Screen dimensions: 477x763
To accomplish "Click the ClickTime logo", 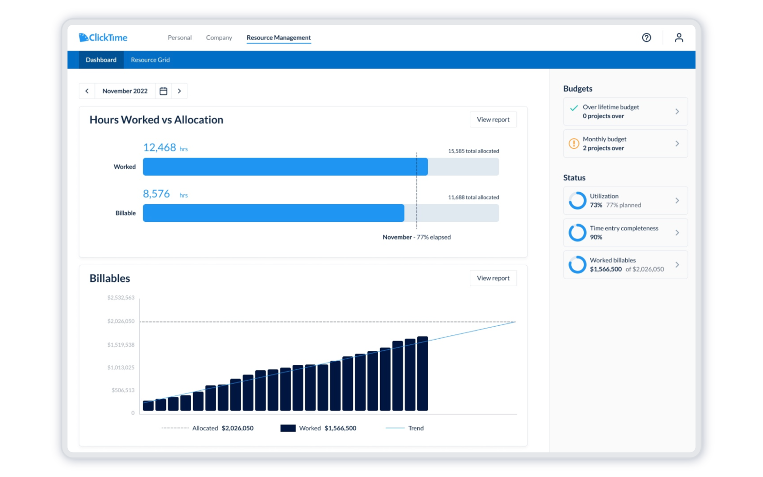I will pos(103,37).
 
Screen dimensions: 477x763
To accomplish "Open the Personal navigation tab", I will pos(179,38).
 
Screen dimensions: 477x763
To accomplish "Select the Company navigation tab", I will pos(219,38).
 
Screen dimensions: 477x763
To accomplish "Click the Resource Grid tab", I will pos(150,60).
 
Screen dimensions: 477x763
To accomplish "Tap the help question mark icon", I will pos(646,38).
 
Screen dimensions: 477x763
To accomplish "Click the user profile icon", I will pos(679,38).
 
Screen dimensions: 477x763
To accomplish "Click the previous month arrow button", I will pos(87,91).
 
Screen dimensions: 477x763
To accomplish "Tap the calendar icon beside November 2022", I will pos(163,91).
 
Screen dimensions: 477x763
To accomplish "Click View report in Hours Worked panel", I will pos(493,120).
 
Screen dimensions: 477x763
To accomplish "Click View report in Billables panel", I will pos(493,278).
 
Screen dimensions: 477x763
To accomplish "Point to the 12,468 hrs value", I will pos(165,148).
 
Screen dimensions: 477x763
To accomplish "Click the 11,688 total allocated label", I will pos(473,197).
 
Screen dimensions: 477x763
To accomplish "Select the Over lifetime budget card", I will pos(625,112).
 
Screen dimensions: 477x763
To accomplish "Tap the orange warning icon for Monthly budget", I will pos(574,144).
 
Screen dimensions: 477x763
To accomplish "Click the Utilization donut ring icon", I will pos(577,201).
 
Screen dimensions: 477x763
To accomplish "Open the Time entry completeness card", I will pos(625,233).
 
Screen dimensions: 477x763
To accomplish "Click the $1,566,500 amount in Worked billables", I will pos(606,270).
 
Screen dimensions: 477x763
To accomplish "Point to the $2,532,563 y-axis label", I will pos(121,298).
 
